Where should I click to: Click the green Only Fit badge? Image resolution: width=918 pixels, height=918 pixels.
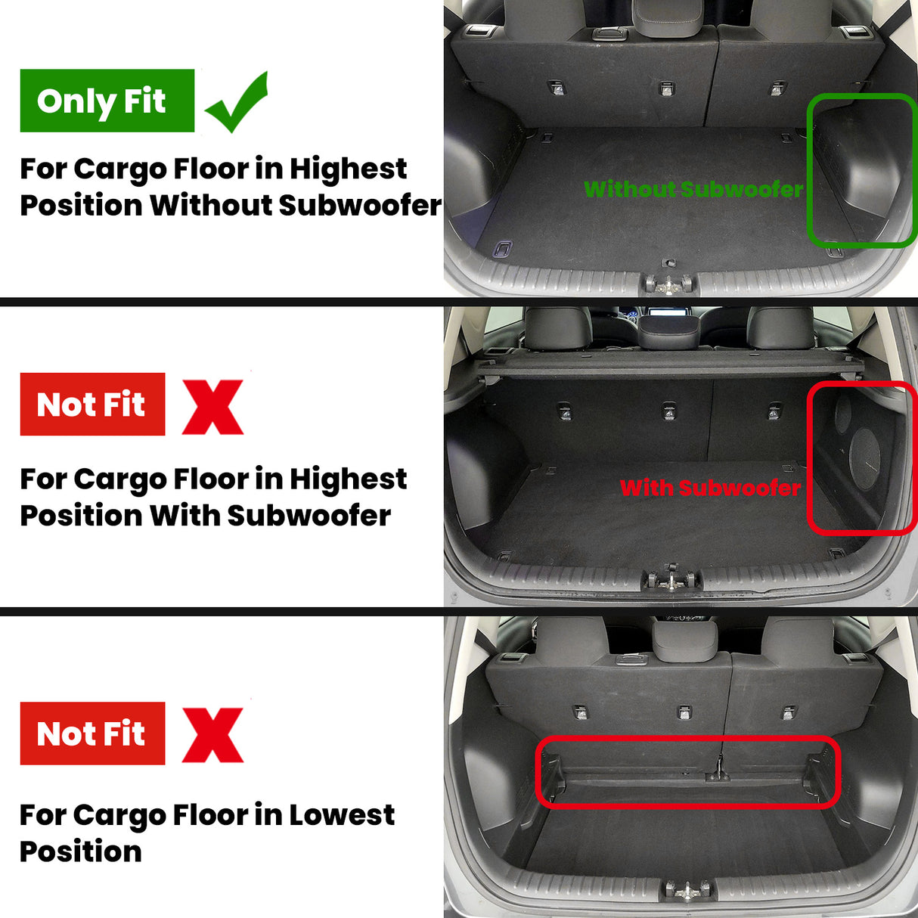[x=107, y=101]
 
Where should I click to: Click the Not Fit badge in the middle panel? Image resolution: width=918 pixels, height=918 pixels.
[x=92, y=404]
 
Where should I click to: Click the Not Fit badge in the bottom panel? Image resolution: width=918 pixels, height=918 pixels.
[x=92, y=733]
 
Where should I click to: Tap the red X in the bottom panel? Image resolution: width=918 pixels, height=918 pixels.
[x=212, y=735]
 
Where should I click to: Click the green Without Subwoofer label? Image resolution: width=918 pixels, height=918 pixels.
[x=693, y=189]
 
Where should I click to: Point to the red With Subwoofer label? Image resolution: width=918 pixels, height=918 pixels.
[x=709, y=488]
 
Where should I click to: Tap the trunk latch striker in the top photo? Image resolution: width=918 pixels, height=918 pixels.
[x=668, y=284]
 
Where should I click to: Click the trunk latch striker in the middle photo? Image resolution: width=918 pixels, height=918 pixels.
[x=669, y=578]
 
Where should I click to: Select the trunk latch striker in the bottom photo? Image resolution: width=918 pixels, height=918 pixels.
[x=687, y=890]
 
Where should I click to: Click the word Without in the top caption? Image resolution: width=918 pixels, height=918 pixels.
[x=209, y=206]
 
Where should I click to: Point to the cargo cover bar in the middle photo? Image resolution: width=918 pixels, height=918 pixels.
[x=668, y=365]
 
